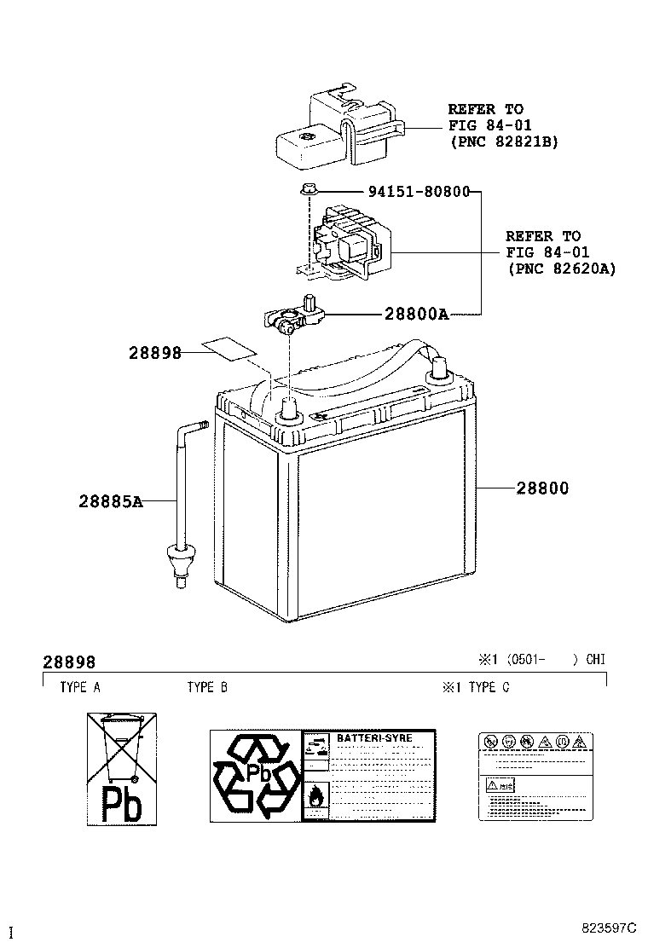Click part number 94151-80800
419,192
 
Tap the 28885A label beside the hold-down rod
111,502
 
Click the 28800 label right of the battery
541,488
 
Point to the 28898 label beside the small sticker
155,352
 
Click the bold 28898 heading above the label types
69,662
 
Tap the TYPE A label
79,687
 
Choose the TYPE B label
207,687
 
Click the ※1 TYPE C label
475,687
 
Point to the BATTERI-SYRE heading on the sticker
374,737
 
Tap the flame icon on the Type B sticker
315,796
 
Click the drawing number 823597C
610,927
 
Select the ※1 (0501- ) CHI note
541,660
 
